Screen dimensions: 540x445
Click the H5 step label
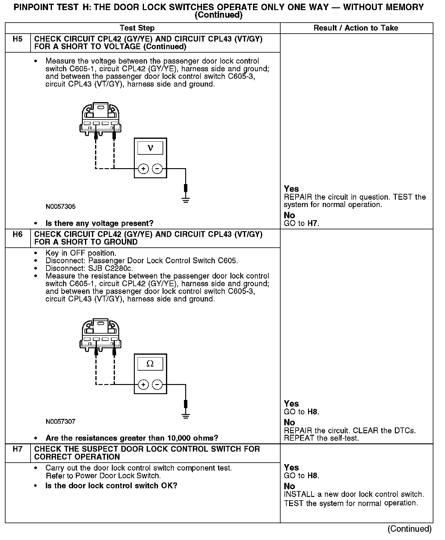[x=18, y=39]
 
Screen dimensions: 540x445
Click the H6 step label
[x=18, y=235]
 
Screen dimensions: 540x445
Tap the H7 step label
[x=18, y=449]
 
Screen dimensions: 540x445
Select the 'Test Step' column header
[x=137, y=28]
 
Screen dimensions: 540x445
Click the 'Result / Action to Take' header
[x=356, y=28]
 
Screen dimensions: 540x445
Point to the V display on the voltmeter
[x=150, y=148]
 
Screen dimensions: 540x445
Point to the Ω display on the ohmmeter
[x=150, y=364]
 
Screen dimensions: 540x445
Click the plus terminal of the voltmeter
[x=143, y=168]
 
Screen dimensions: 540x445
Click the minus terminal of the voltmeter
[x=157, y=168]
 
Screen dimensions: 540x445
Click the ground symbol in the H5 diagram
[x=186, y=200]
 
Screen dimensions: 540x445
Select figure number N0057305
[x=61, y=207]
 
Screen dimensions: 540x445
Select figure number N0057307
[x=61, y=422]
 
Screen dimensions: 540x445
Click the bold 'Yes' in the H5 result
[x=291, y=189]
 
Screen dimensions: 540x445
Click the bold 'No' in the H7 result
[x=289, y=486]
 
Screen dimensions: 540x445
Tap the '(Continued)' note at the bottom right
[x=410, y=529]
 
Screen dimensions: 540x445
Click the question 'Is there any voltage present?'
[x=99, y=224]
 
